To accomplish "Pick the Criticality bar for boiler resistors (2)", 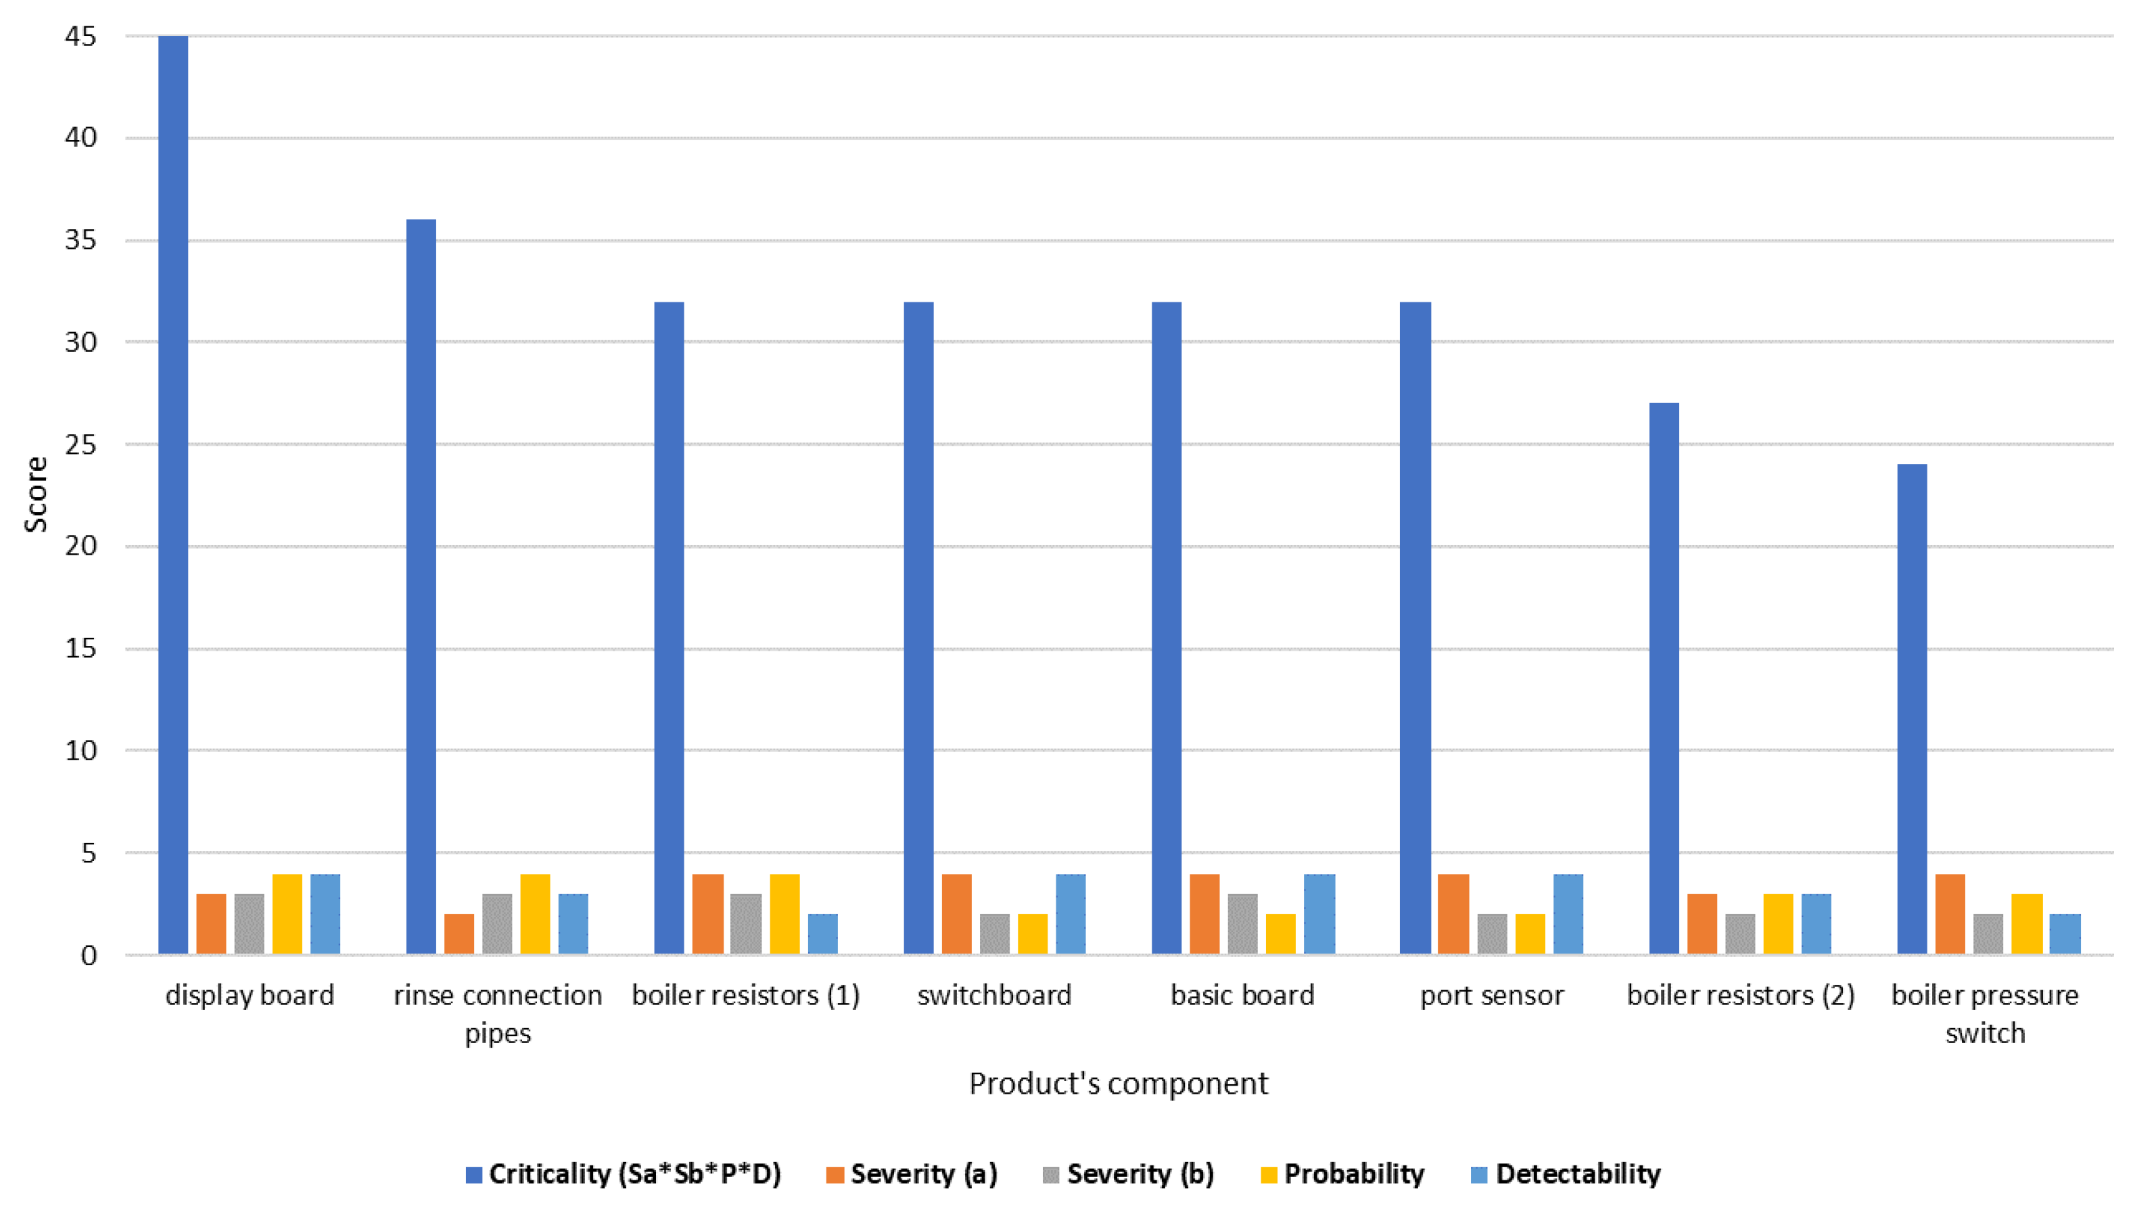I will click(1664, 678).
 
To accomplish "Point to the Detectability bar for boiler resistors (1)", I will click(822, 933).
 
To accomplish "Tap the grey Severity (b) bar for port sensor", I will click(1492, 933).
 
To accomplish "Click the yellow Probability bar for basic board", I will click(1281, 933).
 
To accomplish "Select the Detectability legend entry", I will click(1566, 1174).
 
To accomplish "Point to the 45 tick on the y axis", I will click(80, 37).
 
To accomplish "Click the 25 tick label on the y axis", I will click(80, 445).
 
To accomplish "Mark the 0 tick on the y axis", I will click(89, 955).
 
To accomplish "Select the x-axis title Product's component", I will click(1118, 1084).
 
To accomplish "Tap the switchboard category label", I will click(993, 995).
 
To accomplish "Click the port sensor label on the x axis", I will click(1492, 995).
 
